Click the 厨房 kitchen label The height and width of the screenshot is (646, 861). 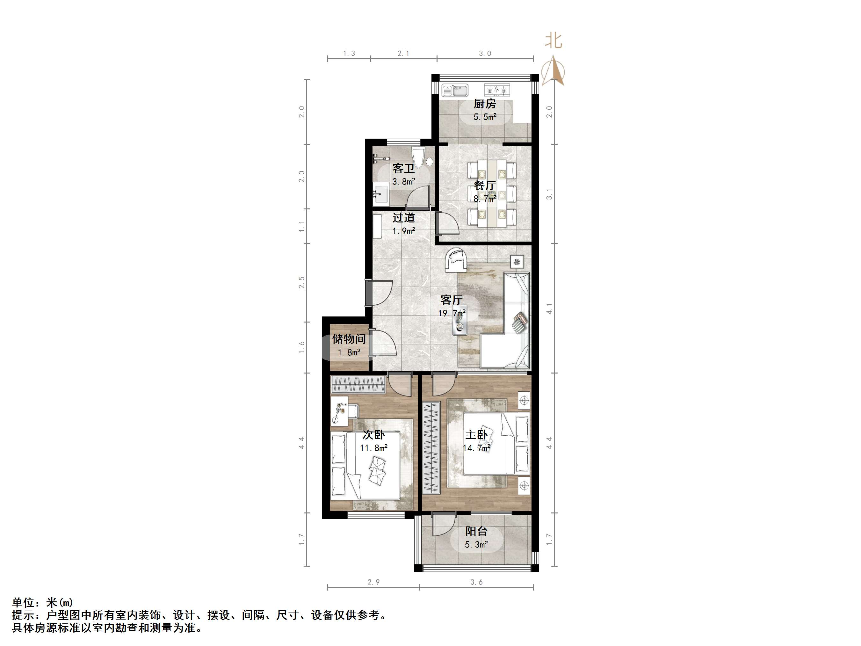click(x=485, y=104)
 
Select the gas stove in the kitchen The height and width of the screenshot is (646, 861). click(x=497, y=90)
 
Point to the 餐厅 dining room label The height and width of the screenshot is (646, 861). click(x=485, y=186)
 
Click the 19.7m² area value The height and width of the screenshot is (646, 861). click(x=452, y=313)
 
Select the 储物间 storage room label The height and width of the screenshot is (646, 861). click(x=349, y=339)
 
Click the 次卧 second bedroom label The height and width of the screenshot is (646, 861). click(x=374, y=435)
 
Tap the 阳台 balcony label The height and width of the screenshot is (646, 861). click(x=476, y=531)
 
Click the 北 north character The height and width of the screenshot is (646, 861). click(x=553, y=40)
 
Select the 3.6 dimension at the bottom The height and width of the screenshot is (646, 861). click(x=476, y=582)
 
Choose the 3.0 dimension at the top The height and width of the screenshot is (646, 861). click(x=485, y=53)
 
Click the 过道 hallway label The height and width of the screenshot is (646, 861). click(x=404, y=217)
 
